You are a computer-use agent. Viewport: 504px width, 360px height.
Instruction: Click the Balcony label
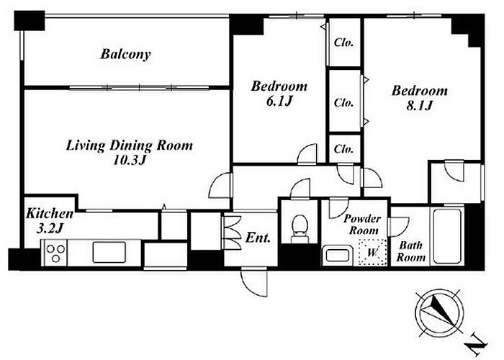125,54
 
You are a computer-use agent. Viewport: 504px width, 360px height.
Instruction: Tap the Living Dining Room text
129,145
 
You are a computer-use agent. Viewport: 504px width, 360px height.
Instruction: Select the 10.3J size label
130,160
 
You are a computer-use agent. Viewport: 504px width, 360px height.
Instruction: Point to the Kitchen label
50,213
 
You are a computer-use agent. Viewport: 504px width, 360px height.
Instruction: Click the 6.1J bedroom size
279,102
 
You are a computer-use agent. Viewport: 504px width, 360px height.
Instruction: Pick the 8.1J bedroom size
420,105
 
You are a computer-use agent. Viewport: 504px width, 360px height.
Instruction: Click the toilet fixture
300,228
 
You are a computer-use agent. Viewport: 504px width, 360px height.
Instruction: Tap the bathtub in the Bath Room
447,236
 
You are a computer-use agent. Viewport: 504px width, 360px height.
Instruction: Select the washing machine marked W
372,252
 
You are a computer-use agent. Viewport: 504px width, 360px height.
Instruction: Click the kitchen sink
109,252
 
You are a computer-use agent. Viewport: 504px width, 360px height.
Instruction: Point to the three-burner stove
55,253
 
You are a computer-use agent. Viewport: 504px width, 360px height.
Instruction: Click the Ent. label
258,238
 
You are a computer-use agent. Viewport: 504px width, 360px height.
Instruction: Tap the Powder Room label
363,225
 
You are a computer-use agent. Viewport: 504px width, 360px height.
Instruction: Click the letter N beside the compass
476,346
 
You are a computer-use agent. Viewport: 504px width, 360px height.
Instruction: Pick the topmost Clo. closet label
343,42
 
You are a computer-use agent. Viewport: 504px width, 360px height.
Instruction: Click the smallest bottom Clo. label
343,149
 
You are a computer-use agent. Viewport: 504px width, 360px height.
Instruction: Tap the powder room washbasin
336,255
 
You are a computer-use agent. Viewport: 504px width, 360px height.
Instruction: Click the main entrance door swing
254,282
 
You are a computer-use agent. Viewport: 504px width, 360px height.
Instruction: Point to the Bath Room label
411,251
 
